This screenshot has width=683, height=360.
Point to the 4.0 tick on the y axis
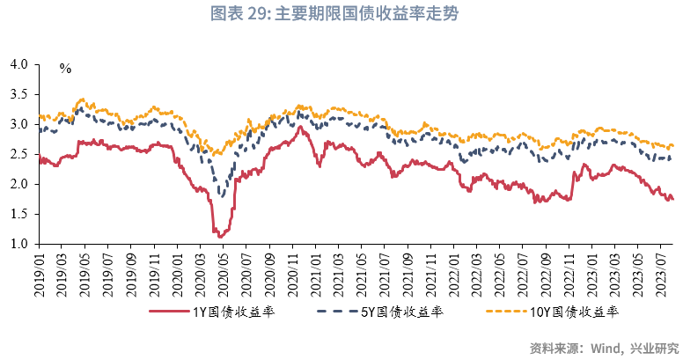point(18,64)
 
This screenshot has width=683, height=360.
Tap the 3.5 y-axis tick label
point(18,94)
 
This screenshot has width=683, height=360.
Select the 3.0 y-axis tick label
point(18,124)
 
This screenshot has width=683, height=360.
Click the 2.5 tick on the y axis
point(18,154)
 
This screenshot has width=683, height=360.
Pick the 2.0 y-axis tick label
point(18,184)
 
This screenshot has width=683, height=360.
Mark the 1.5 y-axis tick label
point(18,214)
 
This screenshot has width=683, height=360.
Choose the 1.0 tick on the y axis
point(18,244)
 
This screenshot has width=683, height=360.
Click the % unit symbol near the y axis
point(65,69)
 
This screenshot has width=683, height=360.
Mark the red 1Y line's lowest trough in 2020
point(219,237)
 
